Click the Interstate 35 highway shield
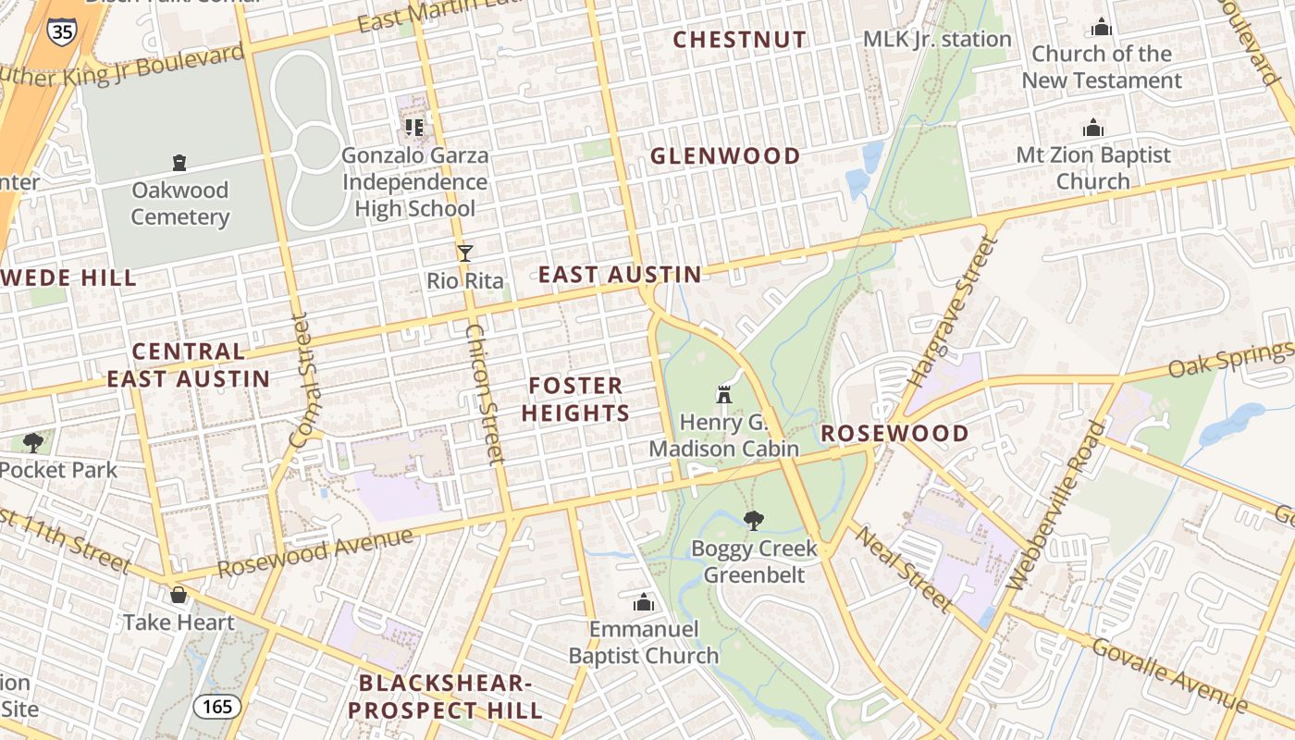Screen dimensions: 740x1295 [61, 31]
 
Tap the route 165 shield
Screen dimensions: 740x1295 [217, 707]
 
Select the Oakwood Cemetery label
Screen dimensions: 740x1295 [179, 203]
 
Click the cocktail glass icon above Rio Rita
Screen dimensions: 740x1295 [464, 253]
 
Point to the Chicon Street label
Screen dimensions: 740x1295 [485, 393]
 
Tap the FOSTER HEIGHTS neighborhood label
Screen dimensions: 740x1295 [575, 399]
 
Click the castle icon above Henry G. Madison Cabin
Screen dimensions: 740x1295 [724, 395]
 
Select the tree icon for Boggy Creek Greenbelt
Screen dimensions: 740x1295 [754, 521]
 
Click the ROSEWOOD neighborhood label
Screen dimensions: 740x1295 [894, 433]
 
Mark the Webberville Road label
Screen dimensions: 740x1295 [1056, 506]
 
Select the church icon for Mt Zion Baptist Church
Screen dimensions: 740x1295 [1093, 128]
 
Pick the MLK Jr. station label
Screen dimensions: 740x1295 [936, 39]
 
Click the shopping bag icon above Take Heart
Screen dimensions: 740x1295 [179, 595]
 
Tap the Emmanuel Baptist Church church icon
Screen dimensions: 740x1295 [643, 603]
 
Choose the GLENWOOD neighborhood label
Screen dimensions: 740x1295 [724, 155]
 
